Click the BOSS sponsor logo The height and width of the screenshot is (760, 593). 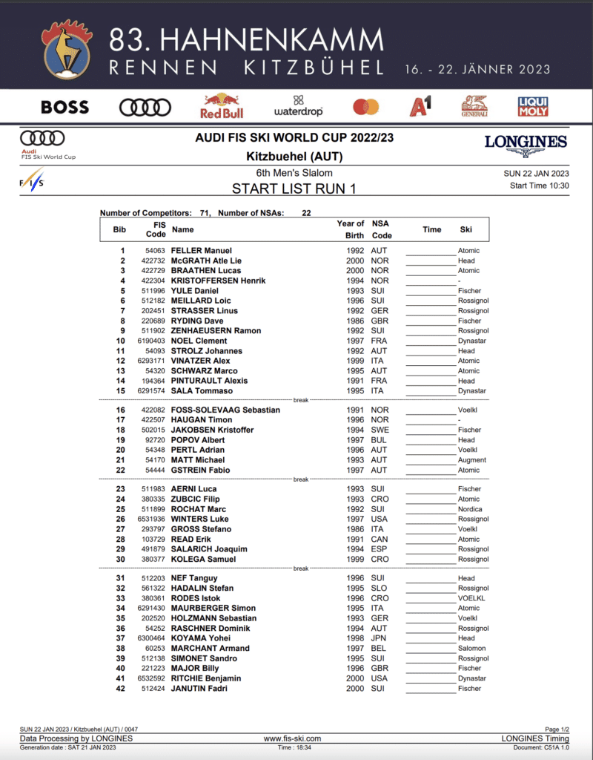point(64,108)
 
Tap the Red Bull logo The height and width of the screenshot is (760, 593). point(221,106)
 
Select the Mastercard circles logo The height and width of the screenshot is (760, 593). point(365,107)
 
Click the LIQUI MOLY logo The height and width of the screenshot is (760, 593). point(533,107)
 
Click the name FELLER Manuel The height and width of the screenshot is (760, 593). point(201,251)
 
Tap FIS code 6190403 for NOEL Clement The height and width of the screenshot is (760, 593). point(150,341)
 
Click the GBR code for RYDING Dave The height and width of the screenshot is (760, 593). point(380,321)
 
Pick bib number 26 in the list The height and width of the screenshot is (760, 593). point(120,520)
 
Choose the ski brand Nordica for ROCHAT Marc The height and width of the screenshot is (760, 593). point(470,509)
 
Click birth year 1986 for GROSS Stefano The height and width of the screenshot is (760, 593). point(355,529)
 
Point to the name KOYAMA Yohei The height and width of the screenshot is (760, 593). point(200,638)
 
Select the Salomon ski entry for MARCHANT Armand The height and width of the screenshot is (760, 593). point(472,648)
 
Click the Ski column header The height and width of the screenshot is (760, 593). point(466,229)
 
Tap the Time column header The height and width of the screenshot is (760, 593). point(431,229)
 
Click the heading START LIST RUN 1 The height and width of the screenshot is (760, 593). point(294,189)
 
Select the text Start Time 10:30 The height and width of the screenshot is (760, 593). point(539,186)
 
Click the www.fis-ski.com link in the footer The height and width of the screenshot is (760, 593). point(292,738)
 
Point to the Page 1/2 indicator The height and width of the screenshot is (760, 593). point(557,730)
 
